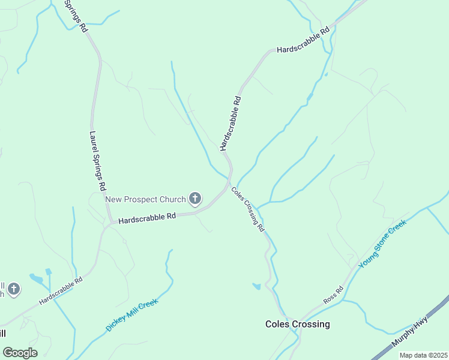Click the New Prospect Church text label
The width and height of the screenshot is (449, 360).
point(146,199)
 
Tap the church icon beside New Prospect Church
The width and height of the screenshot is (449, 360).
point(195,198)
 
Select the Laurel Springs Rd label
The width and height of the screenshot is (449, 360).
point(98,161)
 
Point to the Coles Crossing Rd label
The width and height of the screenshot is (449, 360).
point(248,209)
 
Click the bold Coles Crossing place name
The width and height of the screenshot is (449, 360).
point(298,324)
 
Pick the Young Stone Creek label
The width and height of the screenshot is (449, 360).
point(382,243)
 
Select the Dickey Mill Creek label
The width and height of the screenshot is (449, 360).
point(131,315)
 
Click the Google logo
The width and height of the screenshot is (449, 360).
point(20,353)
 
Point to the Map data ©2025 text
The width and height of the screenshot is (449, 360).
point(423,355)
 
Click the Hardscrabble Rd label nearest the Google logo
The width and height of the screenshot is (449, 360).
point(61,291)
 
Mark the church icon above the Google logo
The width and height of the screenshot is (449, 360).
point(14,290)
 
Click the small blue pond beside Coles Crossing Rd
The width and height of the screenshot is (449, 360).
point(256,286)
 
